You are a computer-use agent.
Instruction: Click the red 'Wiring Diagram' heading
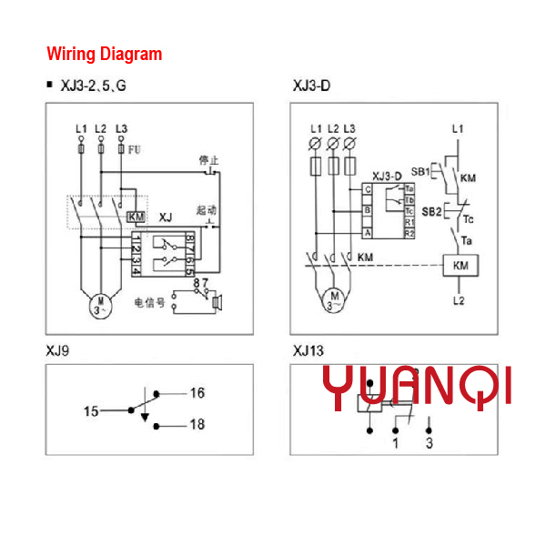point(104,54)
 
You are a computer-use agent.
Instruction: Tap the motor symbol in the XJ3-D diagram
point(334,298)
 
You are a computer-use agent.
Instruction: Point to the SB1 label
point(420,171)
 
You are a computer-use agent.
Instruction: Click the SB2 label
point(431,212)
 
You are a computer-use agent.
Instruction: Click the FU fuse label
point(134,148)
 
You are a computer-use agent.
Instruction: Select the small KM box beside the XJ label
point(135,217)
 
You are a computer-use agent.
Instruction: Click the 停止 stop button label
point(208,160)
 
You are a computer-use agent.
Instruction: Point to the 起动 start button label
point(206,209)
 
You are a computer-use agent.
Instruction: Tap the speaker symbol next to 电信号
point(217,300)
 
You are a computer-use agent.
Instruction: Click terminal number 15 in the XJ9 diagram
point(91,411)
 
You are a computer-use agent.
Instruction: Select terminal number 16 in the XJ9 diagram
point(197,393)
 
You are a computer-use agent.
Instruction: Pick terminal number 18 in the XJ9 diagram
point(197,425)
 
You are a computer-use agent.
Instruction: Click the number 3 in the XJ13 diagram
point(429,443)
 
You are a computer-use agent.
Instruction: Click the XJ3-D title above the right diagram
point(311,87)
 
